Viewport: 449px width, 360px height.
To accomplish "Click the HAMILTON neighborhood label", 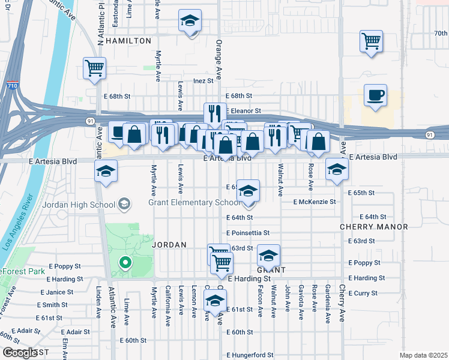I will click(128, 41).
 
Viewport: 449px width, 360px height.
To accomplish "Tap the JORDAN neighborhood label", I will click(169, 245).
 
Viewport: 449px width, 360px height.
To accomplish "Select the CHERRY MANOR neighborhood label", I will click(373, 227).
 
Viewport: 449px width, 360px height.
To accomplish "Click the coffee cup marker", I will click(375, 96).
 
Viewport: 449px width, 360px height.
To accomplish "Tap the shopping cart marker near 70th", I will click(372, 42).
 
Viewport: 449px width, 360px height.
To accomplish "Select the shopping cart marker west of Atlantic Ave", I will click(95, 68).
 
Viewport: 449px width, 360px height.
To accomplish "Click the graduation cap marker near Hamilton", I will click(190, 23).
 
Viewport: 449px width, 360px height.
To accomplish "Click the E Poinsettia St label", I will click(248, 233).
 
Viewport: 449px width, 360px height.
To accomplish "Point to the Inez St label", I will click(203, 80).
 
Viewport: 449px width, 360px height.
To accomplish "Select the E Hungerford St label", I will click(250, 355).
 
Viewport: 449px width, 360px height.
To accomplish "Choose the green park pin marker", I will click(125, 263).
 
